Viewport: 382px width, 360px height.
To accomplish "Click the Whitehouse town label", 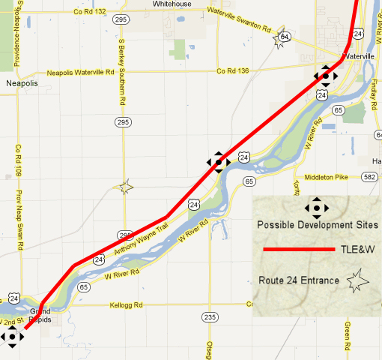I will tap(172, 4).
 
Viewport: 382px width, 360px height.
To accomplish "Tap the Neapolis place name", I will tap(21, 83).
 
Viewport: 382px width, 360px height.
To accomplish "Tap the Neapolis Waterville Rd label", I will tap(80, 73).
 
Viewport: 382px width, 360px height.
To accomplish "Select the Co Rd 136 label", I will tap(231, 71).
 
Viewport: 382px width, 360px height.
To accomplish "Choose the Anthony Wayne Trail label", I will tap(142, 232).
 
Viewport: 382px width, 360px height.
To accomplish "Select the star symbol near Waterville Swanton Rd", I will tap(282, 38).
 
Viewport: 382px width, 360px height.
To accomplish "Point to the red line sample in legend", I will tap(298, 249).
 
